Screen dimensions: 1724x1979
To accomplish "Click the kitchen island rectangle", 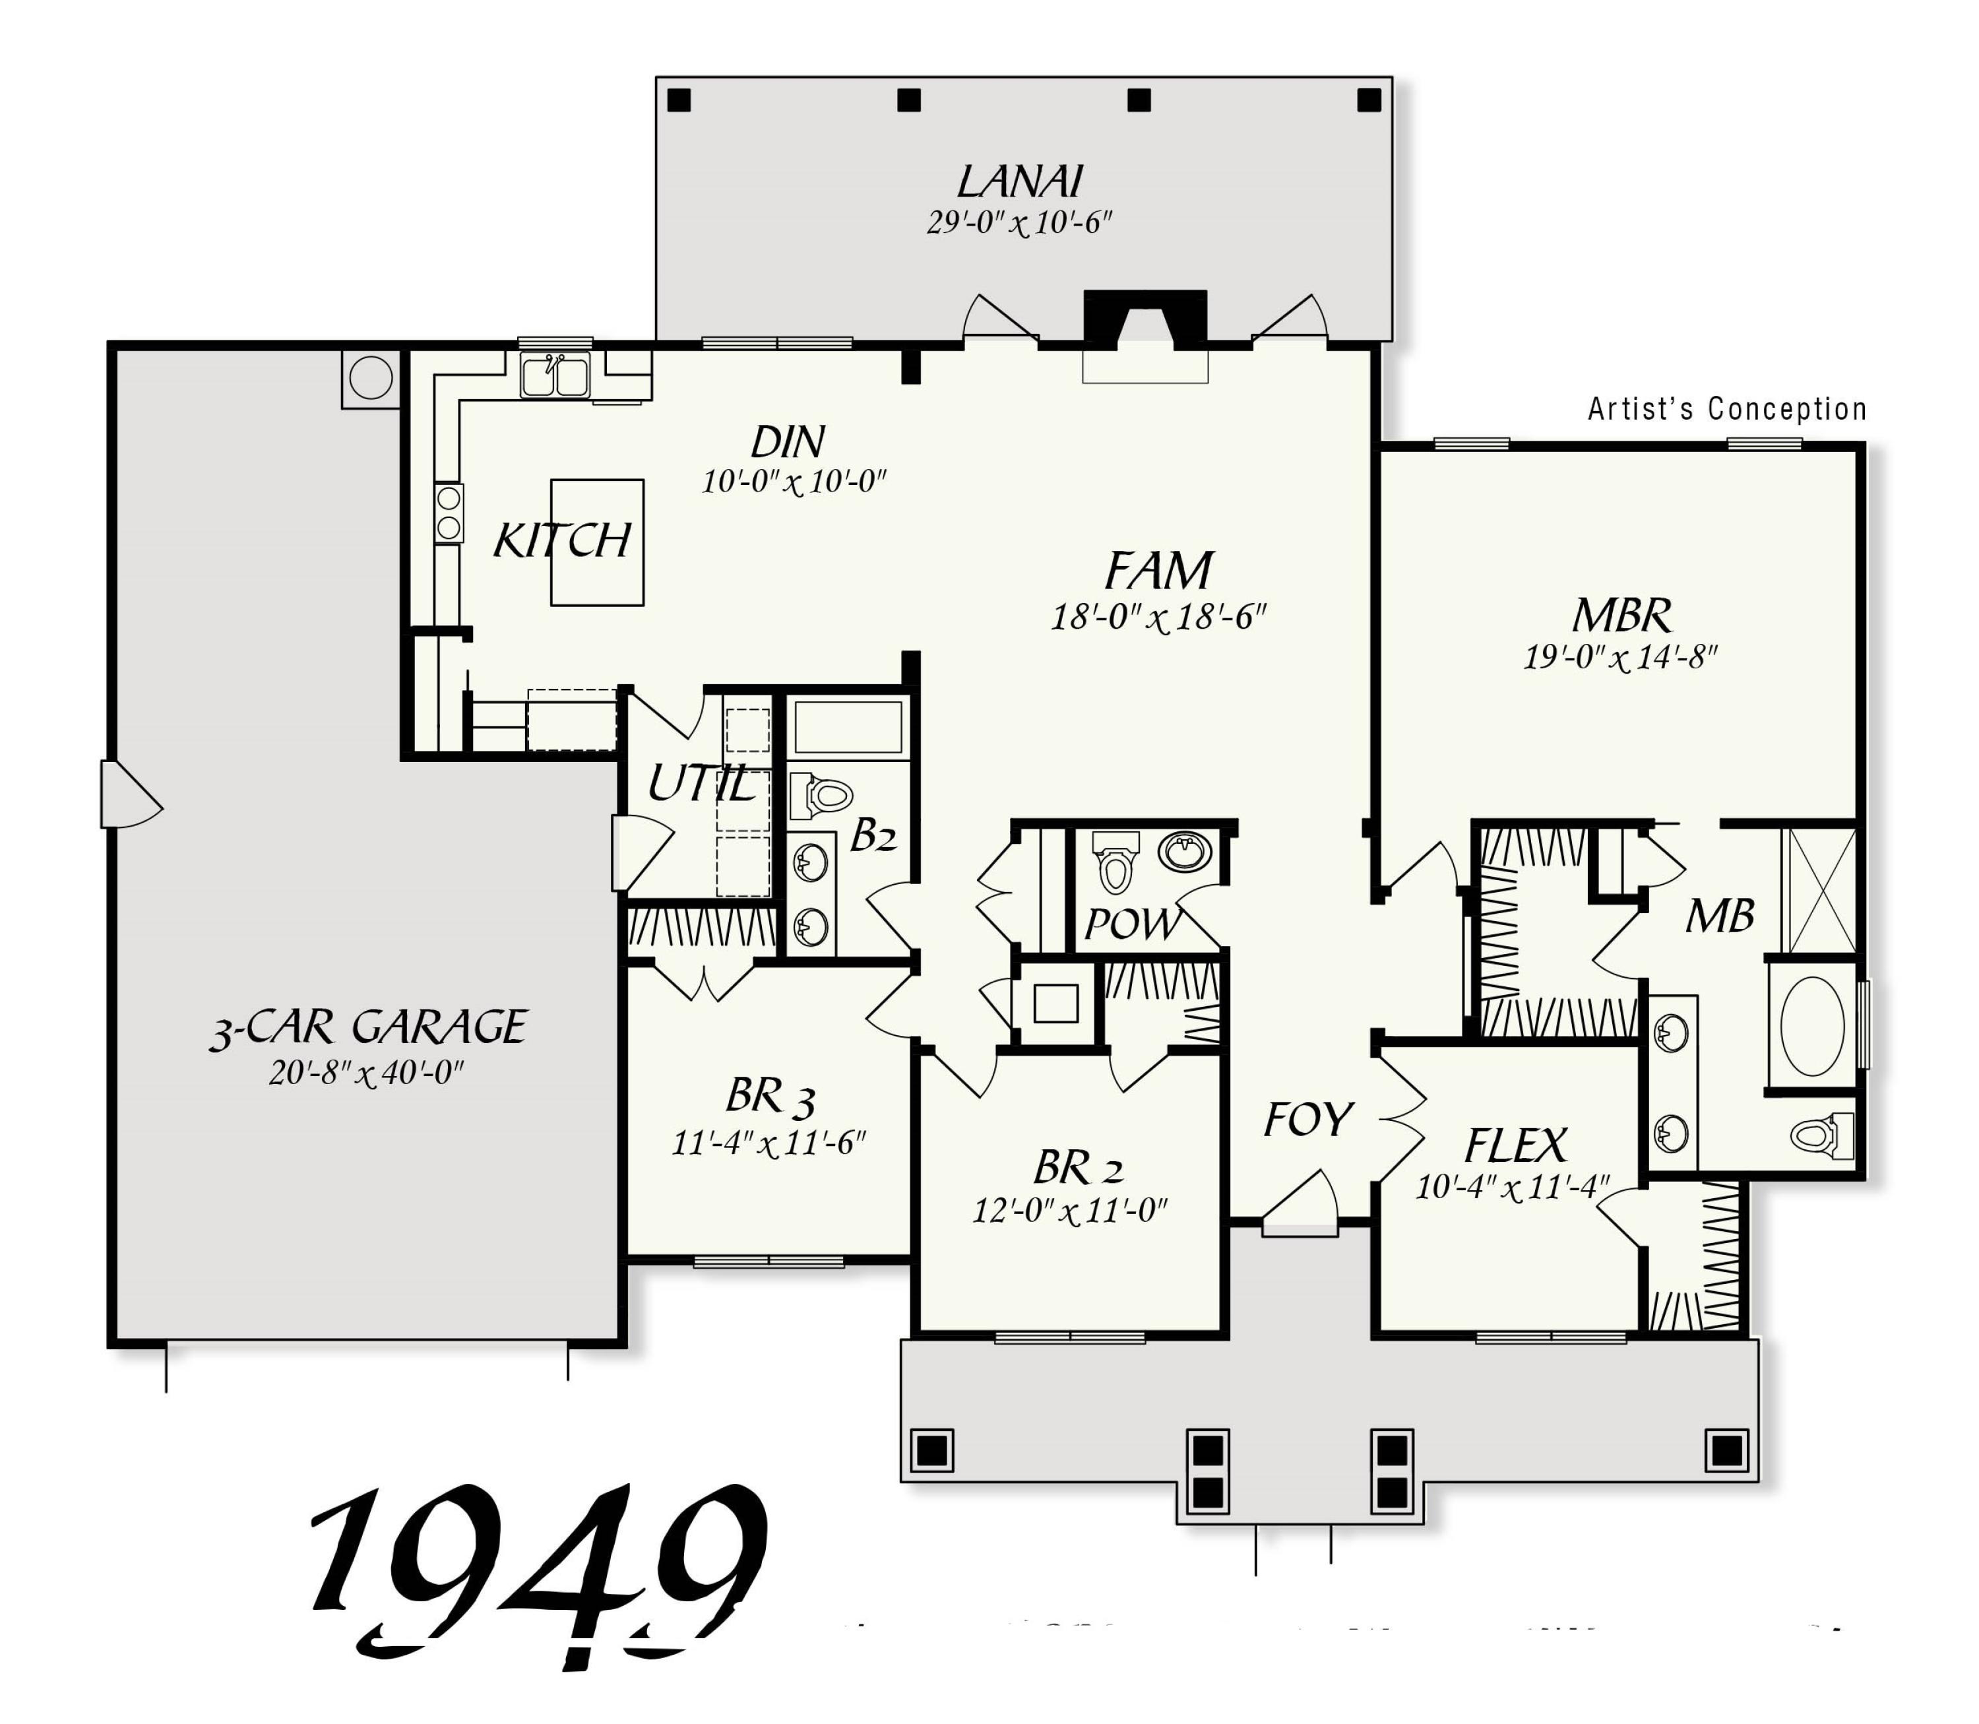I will coord(596,542).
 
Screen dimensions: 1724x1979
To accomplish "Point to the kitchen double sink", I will coord(555,375).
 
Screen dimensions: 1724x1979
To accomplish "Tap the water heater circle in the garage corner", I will coord(370,377).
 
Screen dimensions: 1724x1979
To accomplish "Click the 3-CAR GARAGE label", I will coord(369,1027).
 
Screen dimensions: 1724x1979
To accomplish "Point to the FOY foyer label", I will coord(1307,1120).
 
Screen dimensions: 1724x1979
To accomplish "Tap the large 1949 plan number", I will coord(539,1568).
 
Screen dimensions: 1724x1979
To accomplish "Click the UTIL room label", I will coord(701,783).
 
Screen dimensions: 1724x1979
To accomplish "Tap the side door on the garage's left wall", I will coord(125,794).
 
